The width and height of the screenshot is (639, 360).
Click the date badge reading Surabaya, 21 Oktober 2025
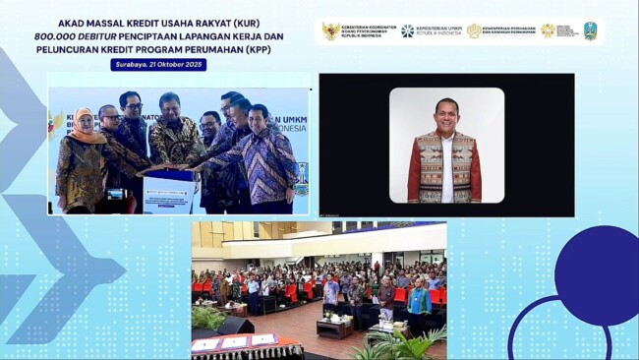pyautogui.click(x=158, y=65)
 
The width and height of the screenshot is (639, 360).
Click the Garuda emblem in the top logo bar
pyautogui.click(x=330, y=30)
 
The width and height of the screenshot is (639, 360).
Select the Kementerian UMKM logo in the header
pyautogui.click(x=431, y=30)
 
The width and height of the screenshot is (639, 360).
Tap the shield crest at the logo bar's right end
pyautogui.click(x=590, y=30)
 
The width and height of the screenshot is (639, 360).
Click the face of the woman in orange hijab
pyautogui.click(x=84, y=123)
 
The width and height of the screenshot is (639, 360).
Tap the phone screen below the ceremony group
pyautogui.click(x=114, y=195)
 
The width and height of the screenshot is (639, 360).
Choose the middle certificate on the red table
pyautogui.click(x=236, y=341)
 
